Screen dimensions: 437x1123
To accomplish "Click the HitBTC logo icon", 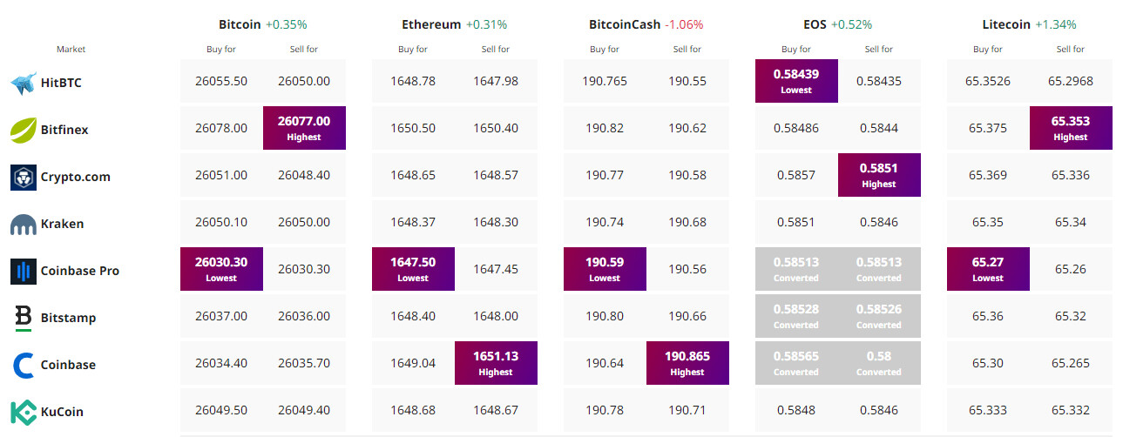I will [22, 84].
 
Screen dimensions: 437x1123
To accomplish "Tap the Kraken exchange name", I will [62, 224].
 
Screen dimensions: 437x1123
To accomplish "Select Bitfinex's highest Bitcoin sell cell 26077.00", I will [304, 128].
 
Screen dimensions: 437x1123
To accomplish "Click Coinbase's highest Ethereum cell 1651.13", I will [496, 363].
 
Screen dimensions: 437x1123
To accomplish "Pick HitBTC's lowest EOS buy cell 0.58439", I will [796, 81].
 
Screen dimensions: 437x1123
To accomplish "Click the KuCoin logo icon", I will [22, 412].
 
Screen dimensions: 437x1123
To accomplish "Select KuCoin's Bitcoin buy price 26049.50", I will [221, 412].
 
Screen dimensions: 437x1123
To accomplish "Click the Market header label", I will [71, 50].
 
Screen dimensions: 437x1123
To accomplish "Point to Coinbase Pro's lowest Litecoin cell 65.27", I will [988, 269].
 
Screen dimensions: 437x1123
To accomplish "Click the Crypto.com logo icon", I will [22, 177].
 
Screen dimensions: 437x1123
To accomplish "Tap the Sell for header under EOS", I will [878, 50].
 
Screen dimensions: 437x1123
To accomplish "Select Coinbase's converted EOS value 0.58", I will [878, 363].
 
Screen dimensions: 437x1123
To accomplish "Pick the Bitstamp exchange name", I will [68, 318].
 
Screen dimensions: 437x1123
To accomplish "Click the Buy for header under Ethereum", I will [413, 50].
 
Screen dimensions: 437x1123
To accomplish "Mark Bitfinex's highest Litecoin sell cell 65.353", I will [1071, 128].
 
